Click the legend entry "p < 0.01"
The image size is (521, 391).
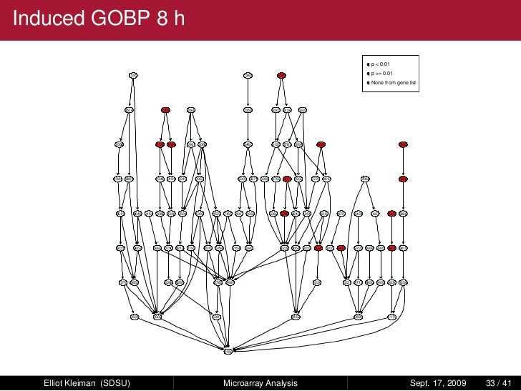pos(381,64)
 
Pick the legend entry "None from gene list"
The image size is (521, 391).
pos(393,83)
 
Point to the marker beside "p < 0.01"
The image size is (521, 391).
pos(366,64)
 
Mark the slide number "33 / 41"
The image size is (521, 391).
pos(498,383)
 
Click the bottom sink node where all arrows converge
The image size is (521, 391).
pos(228,350)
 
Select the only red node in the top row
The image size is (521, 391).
pos(282,75)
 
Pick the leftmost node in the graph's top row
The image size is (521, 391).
pos(133,75)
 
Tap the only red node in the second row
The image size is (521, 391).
pos(165,110)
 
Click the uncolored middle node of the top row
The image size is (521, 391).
pos(248,75)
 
